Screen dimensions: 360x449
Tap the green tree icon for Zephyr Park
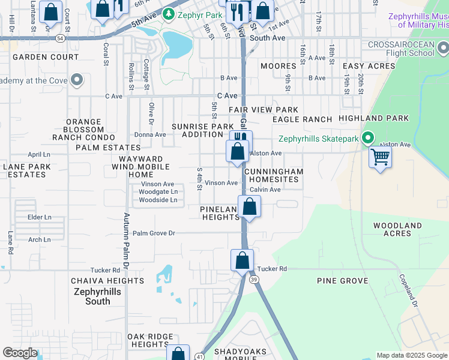tap(170, 13)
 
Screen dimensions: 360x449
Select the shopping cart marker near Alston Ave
tap(380, 158)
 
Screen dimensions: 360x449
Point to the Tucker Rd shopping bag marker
tap(242, 262)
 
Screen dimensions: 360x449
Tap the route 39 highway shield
tap(254, 280)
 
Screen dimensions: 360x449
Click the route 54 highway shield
tap(61, 38)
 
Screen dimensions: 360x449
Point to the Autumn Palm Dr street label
tap(127, 240)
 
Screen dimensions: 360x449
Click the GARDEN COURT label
tap(46, 57)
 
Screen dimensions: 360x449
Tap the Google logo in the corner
tap(20, 353)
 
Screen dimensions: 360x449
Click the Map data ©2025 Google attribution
tap(411, 355)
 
